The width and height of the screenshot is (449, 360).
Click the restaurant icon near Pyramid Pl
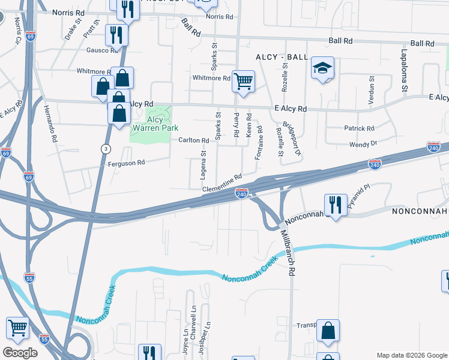pyautogui.click(x=335, y=205)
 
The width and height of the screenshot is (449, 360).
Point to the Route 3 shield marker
pyautogui.click(x=106, y=148)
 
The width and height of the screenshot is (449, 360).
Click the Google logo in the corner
pyautogui.click(x=20, y=353)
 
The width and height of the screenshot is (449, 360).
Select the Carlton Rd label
pyautogui.click(x=193, y=140)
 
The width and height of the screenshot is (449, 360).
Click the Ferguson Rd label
pyautogui.click(x=127, y=163)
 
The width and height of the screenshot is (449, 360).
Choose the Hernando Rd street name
pyautogui.click(x=50, y=123)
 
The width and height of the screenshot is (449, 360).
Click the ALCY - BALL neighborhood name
pyautogui.click(x=282, y=56)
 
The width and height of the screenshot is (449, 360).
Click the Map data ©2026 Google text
pyautogui.click(x=412, y=355)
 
